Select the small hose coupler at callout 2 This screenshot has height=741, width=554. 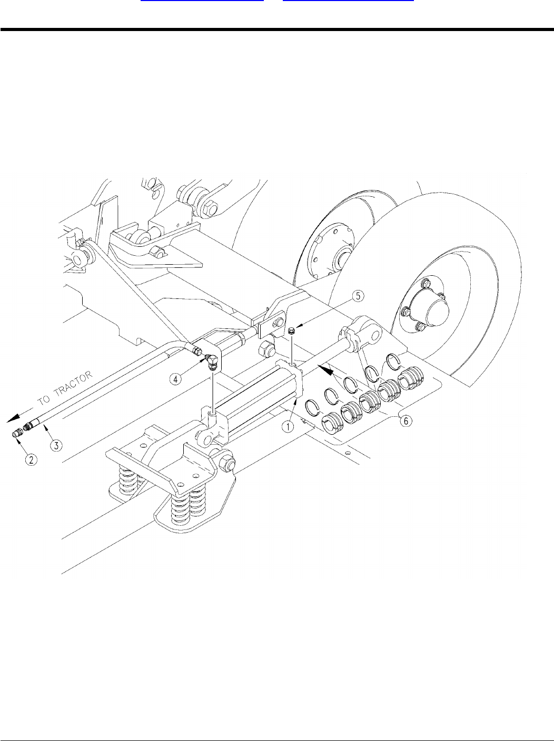click(x=17, y=434)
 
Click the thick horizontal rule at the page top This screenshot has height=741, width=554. click(x=277, y=29)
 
